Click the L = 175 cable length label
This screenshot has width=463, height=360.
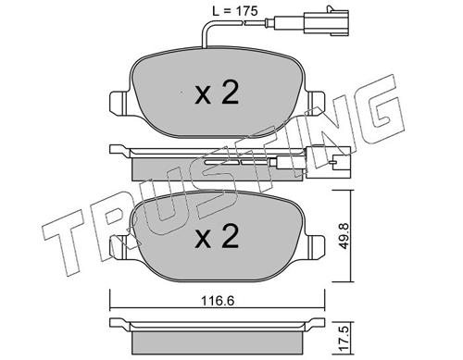[x=234, y=11]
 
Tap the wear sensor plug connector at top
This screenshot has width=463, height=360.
[x=327, y=21]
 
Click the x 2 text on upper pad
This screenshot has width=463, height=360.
[x=217, y=93]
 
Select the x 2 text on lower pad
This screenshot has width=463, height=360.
[x=217, y=237]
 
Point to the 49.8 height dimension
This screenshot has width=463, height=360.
[x=344, y=236]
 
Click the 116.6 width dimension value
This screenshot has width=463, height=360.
[x=218, y=300]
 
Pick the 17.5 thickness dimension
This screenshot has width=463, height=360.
[x=344, y=339]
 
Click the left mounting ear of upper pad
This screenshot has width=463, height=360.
[x=119, y=104]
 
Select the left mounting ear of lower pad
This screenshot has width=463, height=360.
[x=119, y=247]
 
